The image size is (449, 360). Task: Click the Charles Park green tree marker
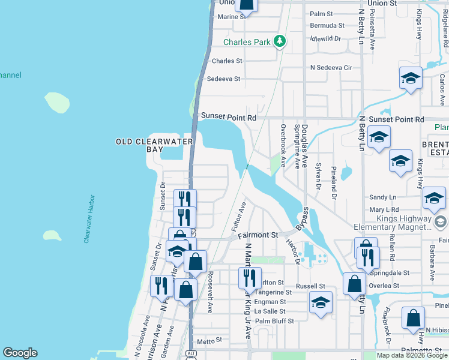pos(279,41)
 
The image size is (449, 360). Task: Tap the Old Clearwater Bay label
pos(154,145)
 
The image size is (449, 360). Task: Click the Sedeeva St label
pos(223,79)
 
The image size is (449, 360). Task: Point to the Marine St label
pos(232,17)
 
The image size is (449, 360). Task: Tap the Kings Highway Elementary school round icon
pos(441,222)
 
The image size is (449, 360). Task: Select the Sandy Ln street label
pos(383,197)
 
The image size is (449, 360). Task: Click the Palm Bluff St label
pos(274,321)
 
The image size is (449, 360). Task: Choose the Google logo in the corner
pos(20,353)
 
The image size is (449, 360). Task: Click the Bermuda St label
pos(327,26)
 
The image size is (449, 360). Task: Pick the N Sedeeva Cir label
pos(331,67)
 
